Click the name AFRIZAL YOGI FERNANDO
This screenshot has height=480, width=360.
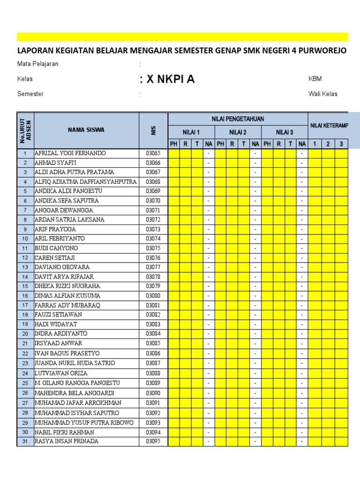pyautogui.click(x=70, y=153)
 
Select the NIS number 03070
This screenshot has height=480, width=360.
pyautogui.click(x=153, y=201)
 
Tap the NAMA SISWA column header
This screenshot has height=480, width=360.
pyautogui.click(x=86, y=130)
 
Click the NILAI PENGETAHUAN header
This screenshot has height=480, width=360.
pyautogui.click(x=238, y=120)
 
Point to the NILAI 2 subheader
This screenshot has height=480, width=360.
pyautogui.click(x=238, y=132)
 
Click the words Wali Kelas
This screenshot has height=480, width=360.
pyautogui.click(x=322, y=94)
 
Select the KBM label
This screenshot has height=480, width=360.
pyautogui.click(x=315, y=79)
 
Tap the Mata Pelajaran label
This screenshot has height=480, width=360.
pyautogui.click(x=38, y=64)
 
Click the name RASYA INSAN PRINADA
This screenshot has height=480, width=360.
pyautogui.click(x=67, y=441)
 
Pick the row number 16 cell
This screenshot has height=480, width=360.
pyautogui.click(x=25, y=296)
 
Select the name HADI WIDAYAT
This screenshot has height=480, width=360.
pyautogui.click(x=56, y=324)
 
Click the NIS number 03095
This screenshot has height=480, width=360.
pyautogui.click(x=153, y=441)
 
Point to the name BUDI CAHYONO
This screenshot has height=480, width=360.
pyautogui.click(x=56, y=248)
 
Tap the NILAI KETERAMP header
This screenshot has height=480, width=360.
pyautogui.click(x=328, y=126)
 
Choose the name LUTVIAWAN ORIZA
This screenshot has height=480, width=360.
pyautogui.click(x=61, y=373)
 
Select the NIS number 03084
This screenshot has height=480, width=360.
pyautogui.click(x=153, y=334)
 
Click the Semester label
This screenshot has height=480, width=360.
pyautogui.click(x=30, y=94)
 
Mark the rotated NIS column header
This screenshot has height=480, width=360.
pyautogui.click(x=153, y=130)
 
